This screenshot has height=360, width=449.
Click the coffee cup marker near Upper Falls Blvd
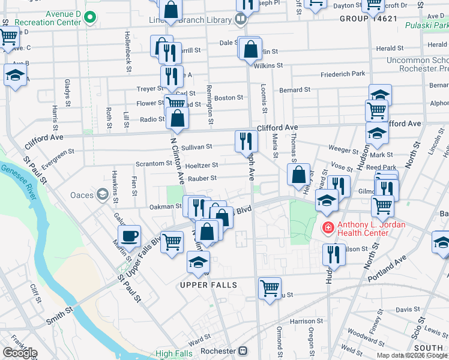129,235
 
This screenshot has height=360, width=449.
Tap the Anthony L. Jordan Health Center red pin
328,228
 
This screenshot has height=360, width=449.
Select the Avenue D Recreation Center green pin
90,17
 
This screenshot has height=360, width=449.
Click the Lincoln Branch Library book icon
241,19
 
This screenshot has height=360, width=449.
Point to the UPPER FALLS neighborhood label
209,284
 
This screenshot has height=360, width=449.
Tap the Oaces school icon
102,195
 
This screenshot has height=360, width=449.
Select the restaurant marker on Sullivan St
246,141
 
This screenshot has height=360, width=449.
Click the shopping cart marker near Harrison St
270,288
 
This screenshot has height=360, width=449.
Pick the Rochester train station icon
243,351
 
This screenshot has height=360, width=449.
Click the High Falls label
174,354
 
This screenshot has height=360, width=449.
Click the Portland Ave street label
388,263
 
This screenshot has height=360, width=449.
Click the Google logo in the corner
20,353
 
